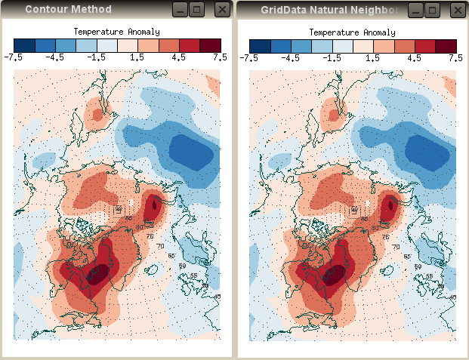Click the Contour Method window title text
68,10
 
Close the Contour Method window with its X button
221,10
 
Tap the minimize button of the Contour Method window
179,10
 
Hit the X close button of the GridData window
458,10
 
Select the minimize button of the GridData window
415,10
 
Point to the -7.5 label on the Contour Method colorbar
14,57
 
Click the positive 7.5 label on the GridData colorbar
455,57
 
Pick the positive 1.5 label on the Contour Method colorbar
137,57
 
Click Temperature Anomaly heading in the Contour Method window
116,32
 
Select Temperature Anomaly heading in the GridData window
352,32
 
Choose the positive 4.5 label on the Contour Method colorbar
178,57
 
